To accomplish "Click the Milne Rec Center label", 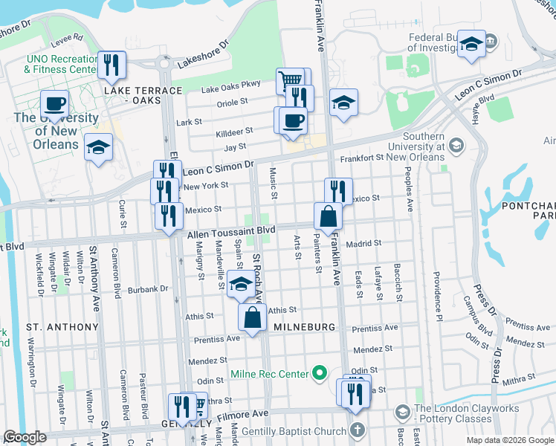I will [x=271, y=373].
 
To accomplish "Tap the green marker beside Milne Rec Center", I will [x=320, y=372].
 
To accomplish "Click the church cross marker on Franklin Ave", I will [x=358, y=430].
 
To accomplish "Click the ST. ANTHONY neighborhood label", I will [x=62, y=327].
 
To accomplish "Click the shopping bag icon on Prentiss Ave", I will [x=253, y=317].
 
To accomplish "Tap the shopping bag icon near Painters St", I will [x=328, y=217].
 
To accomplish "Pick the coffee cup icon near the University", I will [x=54, y=103].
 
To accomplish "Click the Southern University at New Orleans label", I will [x=433, y=146].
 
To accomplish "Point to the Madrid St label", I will [x=363, y=243].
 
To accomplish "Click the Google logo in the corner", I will [x=25, y=437].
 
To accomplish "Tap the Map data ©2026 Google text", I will [x=509, y=440].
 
